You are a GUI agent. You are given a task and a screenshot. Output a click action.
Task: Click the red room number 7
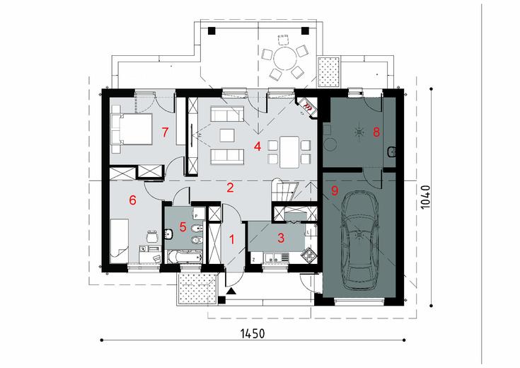pyautogui.click(x=165, y=133)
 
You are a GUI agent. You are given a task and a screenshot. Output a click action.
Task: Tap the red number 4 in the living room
pyautogui.click(x=258, y=146)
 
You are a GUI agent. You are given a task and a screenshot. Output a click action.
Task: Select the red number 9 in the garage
pyautogui.click(x=334, y=191)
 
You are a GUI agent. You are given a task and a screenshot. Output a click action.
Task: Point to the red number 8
pyautogui.click(x=376, y=132)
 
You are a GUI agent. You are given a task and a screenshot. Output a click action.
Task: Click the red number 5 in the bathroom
pyautogui.click(x=183, y=227)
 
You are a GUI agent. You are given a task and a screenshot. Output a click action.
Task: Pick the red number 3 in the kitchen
pyautogui.click(x=281, y=238)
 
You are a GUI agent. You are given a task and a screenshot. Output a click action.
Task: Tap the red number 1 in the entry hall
pyautogui.click(x=232, y=239)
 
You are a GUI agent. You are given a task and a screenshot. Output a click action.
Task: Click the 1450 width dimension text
pyautogui.click(x=253, y=333)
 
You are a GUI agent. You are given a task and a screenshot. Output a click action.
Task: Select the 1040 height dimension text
pyautogui.click(x=425, y=197)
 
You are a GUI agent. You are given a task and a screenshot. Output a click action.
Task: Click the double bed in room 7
pyautogui.click(x=132, y=130)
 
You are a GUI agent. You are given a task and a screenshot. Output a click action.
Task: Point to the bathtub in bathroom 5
pyautogui.click(x=185, y=257)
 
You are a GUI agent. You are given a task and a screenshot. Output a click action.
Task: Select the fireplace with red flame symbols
pyautogui.click(x=307, y=107)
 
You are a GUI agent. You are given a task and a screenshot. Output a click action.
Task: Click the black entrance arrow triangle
pyautogui.click(x=232, y=292)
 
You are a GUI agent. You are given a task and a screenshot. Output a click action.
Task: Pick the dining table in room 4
pyautogui.click(x=289, y=152)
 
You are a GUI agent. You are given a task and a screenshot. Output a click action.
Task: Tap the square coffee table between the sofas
pyautogui.click(x=227, y=135)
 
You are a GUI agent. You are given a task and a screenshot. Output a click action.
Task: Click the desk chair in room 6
pyautogui.click(x=152, y=236)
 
